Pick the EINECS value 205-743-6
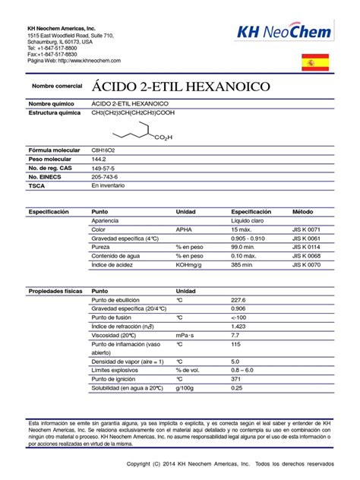(105, 175)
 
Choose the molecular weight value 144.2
(99, 159)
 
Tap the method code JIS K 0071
(307, 229)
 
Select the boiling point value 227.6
(238, 300)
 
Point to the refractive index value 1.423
(238, 326)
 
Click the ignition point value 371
(235, 378)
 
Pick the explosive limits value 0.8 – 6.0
(242, 370)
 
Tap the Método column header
(304, 211)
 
